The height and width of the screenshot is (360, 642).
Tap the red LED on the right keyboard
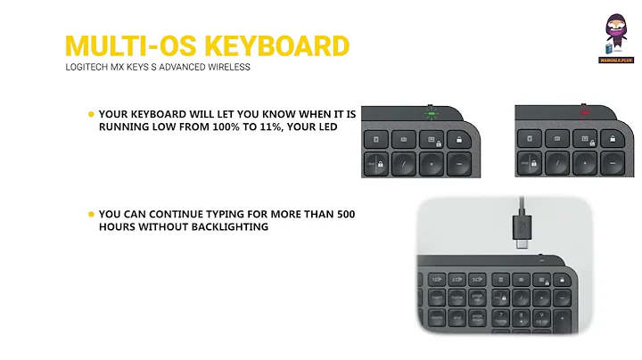point(586,113)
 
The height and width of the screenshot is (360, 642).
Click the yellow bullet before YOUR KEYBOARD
point(91,115)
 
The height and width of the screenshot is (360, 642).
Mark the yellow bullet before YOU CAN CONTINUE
point(91,215)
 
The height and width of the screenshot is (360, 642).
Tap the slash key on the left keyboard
point(407,165)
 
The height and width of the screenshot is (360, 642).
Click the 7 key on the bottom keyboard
point(500,316)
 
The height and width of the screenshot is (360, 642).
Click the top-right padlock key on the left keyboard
point(461,139)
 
